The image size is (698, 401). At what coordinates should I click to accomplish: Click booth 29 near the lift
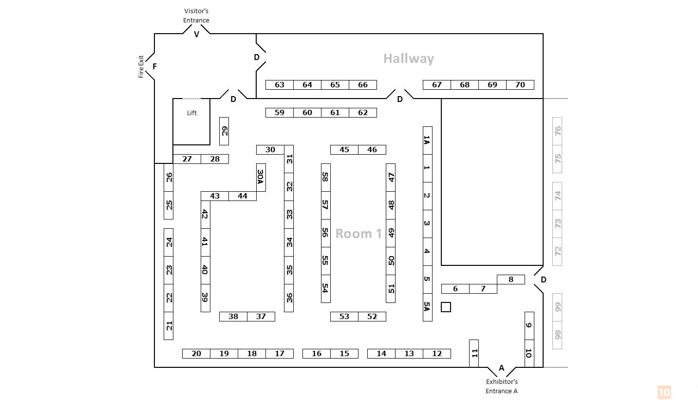[224, 131]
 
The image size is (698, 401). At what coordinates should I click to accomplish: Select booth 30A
[261, 177]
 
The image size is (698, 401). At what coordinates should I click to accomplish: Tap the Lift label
[192, 113]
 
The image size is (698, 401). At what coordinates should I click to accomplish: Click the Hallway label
[408, 59]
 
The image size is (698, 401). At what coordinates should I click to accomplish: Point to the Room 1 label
[358, 234]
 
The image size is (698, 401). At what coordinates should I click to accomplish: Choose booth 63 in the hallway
[280, 85]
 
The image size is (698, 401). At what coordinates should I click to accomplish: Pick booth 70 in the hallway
[520, 85]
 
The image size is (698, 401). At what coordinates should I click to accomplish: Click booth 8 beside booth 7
[511, 280]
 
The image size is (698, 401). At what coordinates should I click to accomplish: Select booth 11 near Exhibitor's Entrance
[474, 353]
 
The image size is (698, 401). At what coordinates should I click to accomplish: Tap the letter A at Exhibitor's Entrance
[501, 368]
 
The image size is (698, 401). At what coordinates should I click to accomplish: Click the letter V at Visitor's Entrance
[197, 34]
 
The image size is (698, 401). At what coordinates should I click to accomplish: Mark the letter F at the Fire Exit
[154, 66]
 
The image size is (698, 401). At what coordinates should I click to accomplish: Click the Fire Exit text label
[141, 66]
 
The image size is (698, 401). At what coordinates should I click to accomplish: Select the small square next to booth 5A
[446, 307]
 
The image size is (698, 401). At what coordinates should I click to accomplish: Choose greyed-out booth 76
[557, 131]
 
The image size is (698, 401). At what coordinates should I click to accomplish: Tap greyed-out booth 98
[557, 335]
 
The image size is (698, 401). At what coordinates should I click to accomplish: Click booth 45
[344, 150]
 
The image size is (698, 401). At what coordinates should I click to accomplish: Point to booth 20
[196, 354]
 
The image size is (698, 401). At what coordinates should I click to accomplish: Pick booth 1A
[427, 140]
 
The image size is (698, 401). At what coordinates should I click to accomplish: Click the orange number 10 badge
[664, 392]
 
